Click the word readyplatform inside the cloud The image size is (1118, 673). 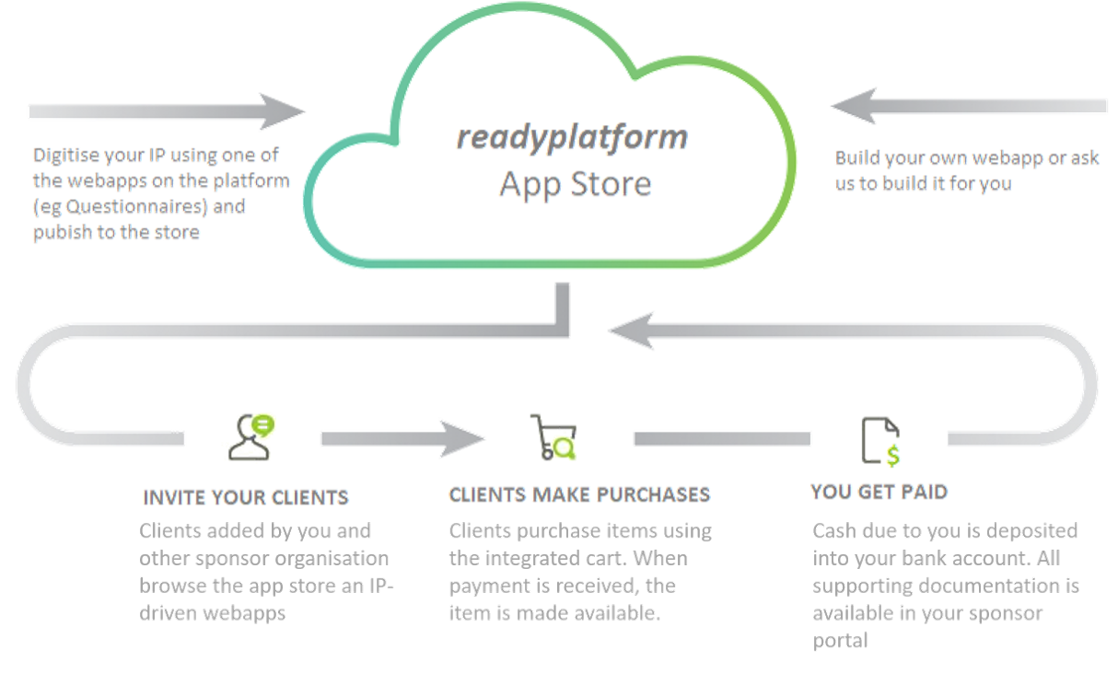pyautogui.click(x=572, y=138)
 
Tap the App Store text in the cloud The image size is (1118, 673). pyautogui.click(x=576, y=184)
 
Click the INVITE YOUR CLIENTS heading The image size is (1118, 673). pyautogui.click(x=245, y=497)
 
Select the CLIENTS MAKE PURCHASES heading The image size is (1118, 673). pyautogui.click(x=579, y=494)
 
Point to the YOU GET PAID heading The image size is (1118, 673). pyautogui.click(x=879, y=492)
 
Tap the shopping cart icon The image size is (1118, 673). pyautogui.click(x=553, y=437)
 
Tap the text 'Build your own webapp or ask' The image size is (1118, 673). pyautogui.click(x=967, y=158)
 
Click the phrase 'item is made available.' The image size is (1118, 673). pyautogui.click(x=554, y=612)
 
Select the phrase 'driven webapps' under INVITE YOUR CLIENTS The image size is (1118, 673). pyautogui.click(x=212, y=612)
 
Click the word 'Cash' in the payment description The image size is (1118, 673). pyautogui.click(x=833, y=532)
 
